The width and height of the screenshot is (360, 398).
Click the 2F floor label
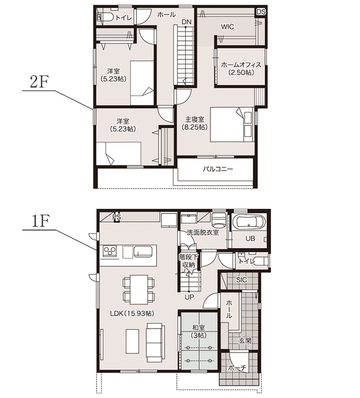pyautogui.click(x=39, y=82)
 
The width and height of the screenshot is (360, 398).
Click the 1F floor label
pyautogui.click(x=40, y=221)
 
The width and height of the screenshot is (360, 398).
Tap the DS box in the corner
pyautogui.click(x=261, y=12)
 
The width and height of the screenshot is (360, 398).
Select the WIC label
pyautogui.click(x=227, y=26)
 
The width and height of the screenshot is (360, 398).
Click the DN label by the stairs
pyautogui.click(x=186, y=22)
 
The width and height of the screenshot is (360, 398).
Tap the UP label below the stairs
pyautogui.click(x=189, y=296)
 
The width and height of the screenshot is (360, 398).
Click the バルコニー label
pyautogui.click(x=218, y=169)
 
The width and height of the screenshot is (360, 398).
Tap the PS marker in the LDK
pyautogui.click(x=117, y=218)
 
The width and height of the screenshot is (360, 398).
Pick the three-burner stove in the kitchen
pyautogui.click(x=109, y=251)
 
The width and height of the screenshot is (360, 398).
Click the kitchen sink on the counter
pyautogui.click(x=143, y=252)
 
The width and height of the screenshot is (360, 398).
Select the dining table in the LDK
pyautogui.click(x=139, y=289)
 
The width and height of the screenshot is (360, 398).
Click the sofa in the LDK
pyautogui.click(x=154, y=343)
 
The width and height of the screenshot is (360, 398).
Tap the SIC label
pyautogui.click(x=241, y=280)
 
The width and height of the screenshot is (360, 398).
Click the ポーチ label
pyautogui.click(x=237, y=367)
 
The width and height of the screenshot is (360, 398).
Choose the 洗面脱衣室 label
pyautogui.click(x=203, y=232)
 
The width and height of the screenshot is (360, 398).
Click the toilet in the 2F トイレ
pyautogui.click(x=105, y=17)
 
